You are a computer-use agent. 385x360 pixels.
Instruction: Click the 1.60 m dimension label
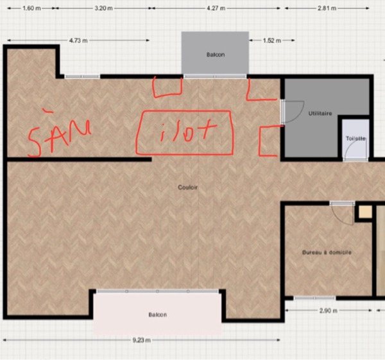click(x=31, y=8)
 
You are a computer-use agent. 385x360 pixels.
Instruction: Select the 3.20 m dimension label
click(x=103, y=8)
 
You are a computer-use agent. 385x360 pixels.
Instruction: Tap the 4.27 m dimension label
click(x=216, y=8)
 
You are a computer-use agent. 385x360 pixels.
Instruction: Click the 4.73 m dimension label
click(x=78, y=40)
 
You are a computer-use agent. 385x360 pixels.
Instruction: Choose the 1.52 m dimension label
click(x=272, y=40)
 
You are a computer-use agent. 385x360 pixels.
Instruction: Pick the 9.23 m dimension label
click(x=142, y=340)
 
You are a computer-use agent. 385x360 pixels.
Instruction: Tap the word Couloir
click(x=187, y=187)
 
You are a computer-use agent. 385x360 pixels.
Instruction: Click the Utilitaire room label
click(x=320, y=114)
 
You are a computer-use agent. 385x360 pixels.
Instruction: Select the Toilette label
click(x=355, y=139)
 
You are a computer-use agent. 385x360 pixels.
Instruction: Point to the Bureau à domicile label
click(x=327, y=252)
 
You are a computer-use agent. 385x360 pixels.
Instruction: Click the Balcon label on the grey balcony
click(x=216, y=55)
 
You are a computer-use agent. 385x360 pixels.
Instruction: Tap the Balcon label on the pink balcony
click(x=158, y=315)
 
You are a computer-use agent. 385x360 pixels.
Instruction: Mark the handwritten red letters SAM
click(x=59, y=134)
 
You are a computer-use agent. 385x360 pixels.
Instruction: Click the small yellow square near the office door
click(x=365, y=212)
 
